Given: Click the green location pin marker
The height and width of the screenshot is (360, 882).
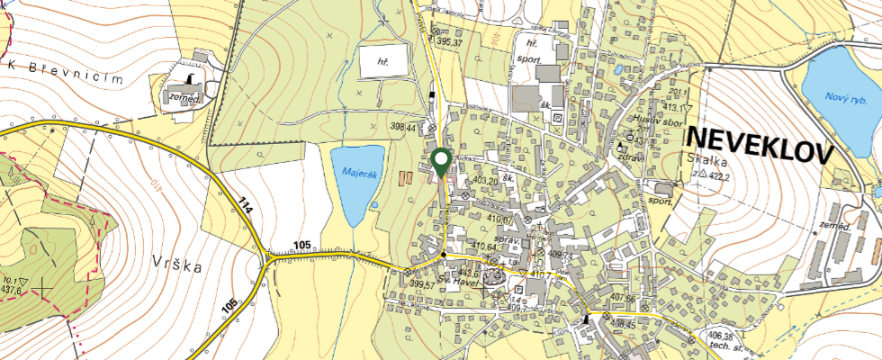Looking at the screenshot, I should [441, 162].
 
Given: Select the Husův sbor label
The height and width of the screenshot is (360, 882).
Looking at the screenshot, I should [659, 122].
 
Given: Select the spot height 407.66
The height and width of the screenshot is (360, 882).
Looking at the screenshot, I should [624, 299].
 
